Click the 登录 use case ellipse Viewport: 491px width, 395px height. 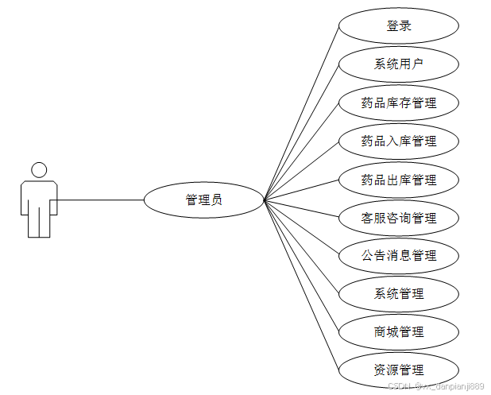(399, 26)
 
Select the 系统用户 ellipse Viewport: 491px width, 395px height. (399, 64)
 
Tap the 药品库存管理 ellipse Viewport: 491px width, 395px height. (399, 103)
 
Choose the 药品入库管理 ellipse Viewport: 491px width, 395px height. (399, 141)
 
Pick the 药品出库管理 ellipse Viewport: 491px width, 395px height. (399, 180)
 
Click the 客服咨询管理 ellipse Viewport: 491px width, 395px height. (399, 218)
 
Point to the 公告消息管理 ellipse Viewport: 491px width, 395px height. (399, 256)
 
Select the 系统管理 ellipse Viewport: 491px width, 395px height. (399, 294)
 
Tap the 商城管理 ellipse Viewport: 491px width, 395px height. (399, 332)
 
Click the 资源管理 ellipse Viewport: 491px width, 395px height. (399, 370)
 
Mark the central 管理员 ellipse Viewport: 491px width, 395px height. (203, 199)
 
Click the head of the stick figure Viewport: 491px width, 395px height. (38, 169)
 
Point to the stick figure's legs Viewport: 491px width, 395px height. (38, 223)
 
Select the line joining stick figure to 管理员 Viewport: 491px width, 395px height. (99, 199)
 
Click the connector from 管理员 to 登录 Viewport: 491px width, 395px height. (303, 110)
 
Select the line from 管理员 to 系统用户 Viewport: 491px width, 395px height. (302, 131)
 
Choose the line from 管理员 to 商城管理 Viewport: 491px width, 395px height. (302, 267)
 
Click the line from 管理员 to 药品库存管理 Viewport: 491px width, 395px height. (302, 151)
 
